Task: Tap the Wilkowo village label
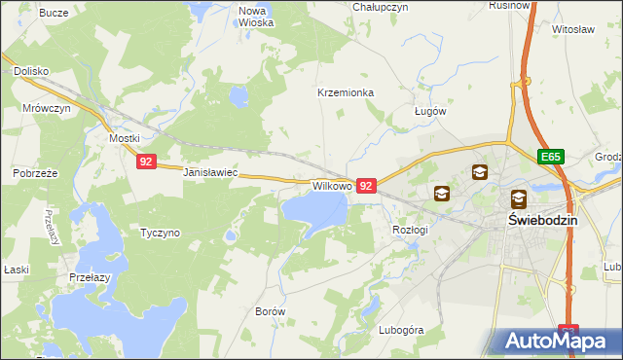tap(331, 185)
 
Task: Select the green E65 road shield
tap(550, 156)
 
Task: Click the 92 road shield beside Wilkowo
tap(366, 185)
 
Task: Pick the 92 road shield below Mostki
tap(145, 162)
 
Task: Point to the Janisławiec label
tap(210, 172)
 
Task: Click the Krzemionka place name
tap(346, 93)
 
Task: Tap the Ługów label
tap(429, 111)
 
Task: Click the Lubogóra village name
tap(402, 330)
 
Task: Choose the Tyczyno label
tap(160, 234)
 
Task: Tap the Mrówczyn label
tap(46, 109)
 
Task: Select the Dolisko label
tap(31, 71)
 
